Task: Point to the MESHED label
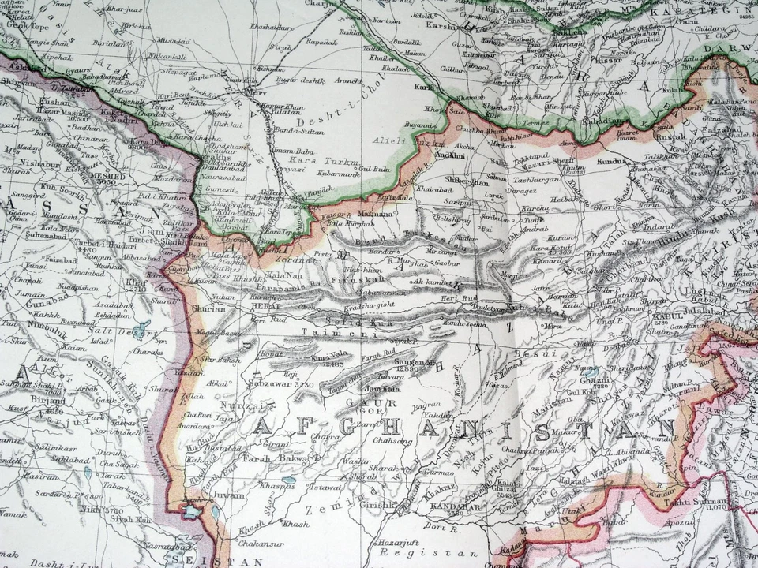pos(107,177)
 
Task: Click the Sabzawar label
pos(283,385)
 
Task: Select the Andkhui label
pos(450,155)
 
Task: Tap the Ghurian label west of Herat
pos(209,309)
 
